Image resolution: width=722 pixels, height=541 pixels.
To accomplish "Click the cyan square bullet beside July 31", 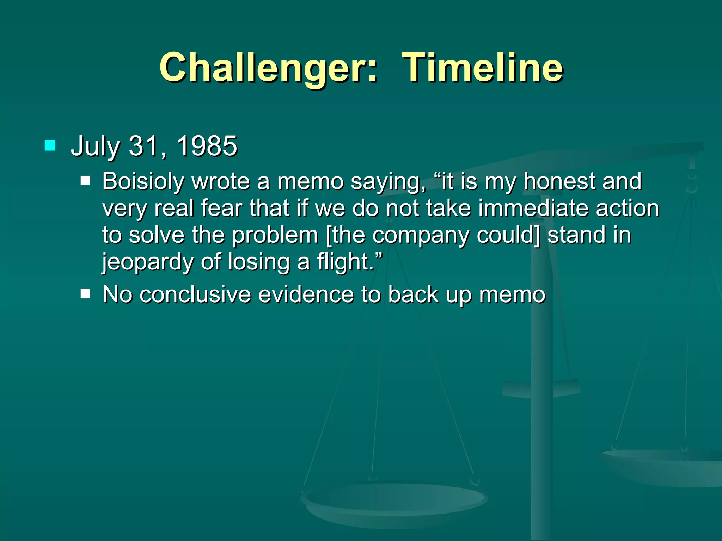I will [50, 145].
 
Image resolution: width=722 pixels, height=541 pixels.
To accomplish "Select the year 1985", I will [207, 146].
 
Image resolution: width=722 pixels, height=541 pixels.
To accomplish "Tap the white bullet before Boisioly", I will [85, 181].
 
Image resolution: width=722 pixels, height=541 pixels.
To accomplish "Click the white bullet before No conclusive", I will [85, 293].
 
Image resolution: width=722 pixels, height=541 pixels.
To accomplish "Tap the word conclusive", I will [195, 294].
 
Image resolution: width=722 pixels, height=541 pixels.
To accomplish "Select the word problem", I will [275, 235].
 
